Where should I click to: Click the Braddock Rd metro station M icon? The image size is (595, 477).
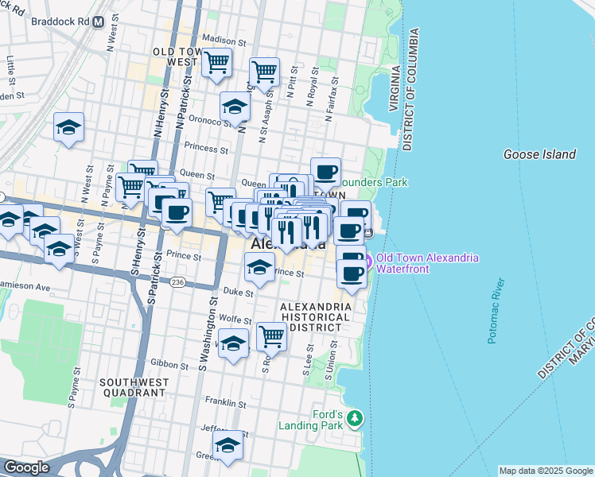click(x=98, y=22)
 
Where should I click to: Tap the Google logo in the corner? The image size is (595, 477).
click(x=26, y=467)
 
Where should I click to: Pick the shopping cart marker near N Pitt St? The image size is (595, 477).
click(x=264, y=72)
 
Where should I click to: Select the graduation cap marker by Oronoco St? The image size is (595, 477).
click(x=235, y=107)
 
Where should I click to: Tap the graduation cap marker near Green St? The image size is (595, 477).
click(x=227, y=447)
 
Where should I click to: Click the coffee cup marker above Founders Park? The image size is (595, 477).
click(x=325, y=172)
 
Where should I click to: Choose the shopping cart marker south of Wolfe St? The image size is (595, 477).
click(x=271, y=336)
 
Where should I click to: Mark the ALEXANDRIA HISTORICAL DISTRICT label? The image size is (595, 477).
click(x=314, y=316)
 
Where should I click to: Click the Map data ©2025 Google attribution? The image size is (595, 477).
click(x=546, y=471)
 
